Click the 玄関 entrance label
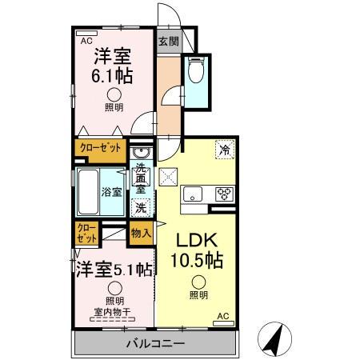[x=167, y=42]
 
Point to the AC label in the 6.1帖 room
[x=84, y=38]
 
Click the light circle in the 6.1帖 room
[x=114, y=94]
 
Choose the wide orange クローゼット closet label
[x=100, y=148]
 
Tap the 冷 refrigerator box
[x=225, y=149]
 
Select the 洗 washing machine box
[x=142, y=206]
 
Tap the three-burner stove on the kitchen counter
[x=223, y=193]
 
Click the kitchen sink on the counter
[x=195, y=194]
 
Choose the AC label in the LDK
[x=224, y=317]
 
